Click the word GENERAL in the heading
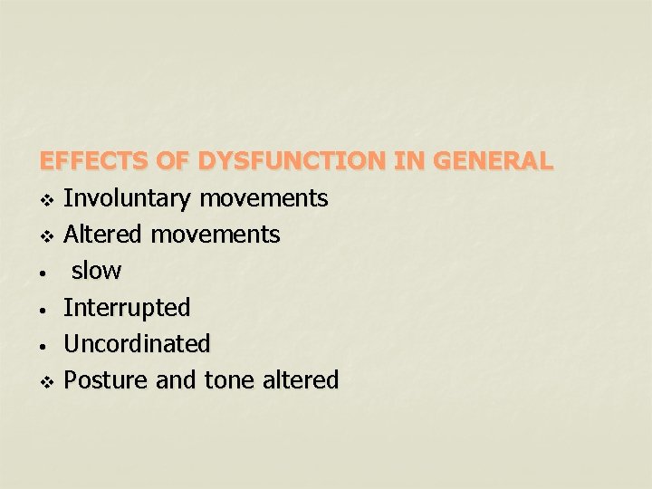(494, 162)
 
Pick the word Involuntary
(128, 198)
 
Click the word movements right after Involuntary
(264, 198)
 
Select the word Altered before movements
(103, 235)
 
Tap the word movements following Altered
(216, 235)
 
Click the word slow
(96, 271)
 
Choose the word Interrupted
(127, 308)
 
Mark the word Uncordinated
(137, 344)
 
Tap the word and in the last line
(176, 380)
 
